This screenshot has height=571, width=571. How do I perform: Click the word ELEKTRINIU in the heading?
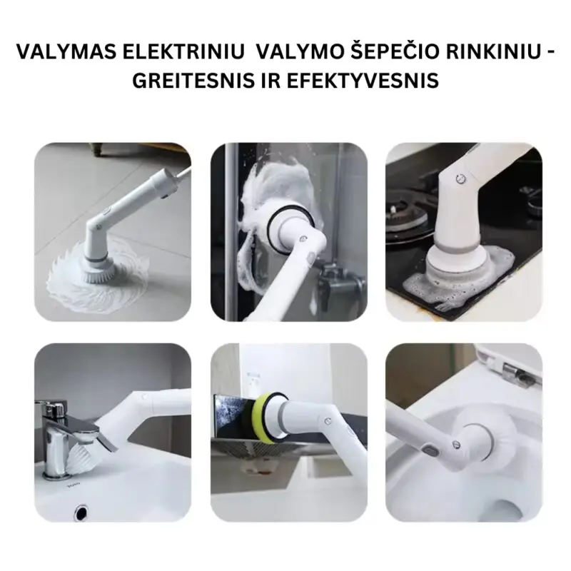coord(183,51)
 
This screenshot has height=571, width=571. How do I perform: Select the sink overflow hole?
coord(81,512)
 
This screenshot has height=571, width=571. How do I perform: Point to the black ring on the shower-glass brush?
coord(290,230)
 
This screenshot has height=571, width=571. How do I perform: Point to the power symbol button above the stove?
coord(461,178)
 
